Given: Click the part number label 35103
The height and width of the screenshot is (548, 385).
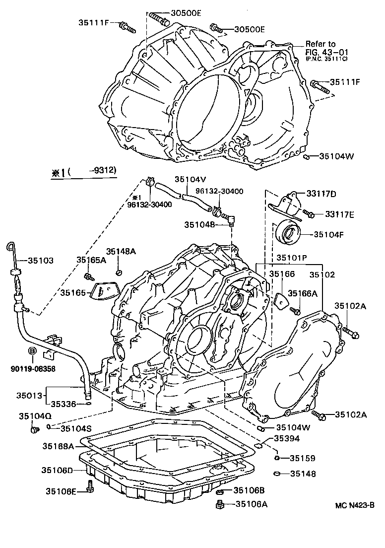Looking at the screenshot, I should click(x=40, y=260).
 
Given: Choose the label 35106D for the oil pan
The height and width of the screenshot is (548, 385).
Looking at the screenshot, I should click(x=57, y=470).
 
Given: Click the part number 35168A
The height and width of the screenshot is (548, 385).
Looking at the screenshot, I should click(x=57, y=446).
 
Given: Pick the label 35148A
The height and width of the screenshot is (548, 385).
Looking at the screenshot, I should click(x=120, y=252).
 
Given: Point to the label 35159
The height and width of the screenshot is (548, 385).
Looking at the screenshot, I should click(x=303, y=458).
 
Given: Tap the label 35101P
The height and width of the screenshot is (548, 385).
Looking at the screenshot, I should click(x=292, y=258).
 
